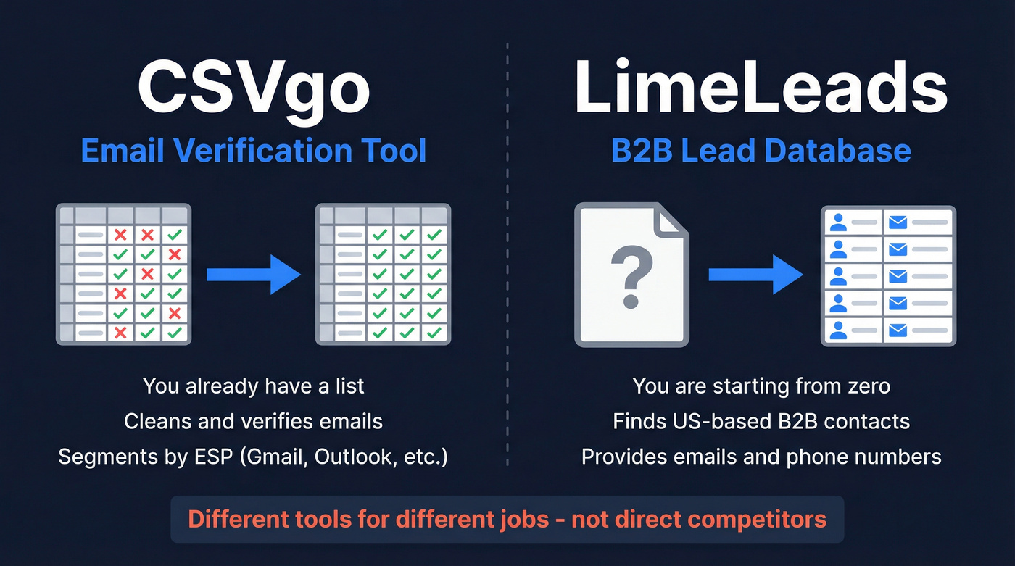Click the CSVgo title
coord(254,87)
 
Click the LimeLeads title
coord(761,87)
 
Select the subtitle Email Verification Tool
coord(254,151)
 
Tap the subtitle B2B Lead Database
coord(761,151)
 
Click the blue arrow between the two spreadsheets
coord(254,274)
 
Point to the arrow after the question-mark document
coord(755,274)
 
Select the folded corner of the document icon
coord(671,220)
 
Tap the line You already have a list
coord(253,386)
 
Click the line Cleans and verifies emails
coord(253,421)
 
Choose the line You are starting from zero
coord(761,386)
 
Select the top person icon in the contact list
coord(838,222)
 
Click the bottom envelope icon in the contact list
coord(898,330)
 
